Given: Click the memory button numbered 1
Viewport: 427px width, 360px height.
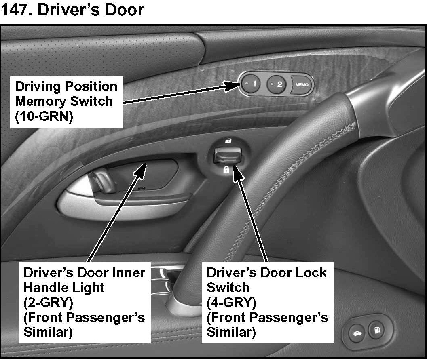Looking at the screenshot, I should pyautogui.click(x=252, y=84).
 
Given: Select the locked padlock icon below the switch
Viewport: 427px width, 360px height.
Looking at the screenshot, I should pyautogui.click(x=226, y=170).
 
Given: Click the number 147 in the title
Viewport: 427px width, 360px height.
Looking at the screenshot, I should pyautogui.click(x=15, y=9).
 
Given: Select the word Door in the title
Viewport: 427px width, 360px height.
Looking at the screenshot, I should pyautogui.click(x=125, y=9).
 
